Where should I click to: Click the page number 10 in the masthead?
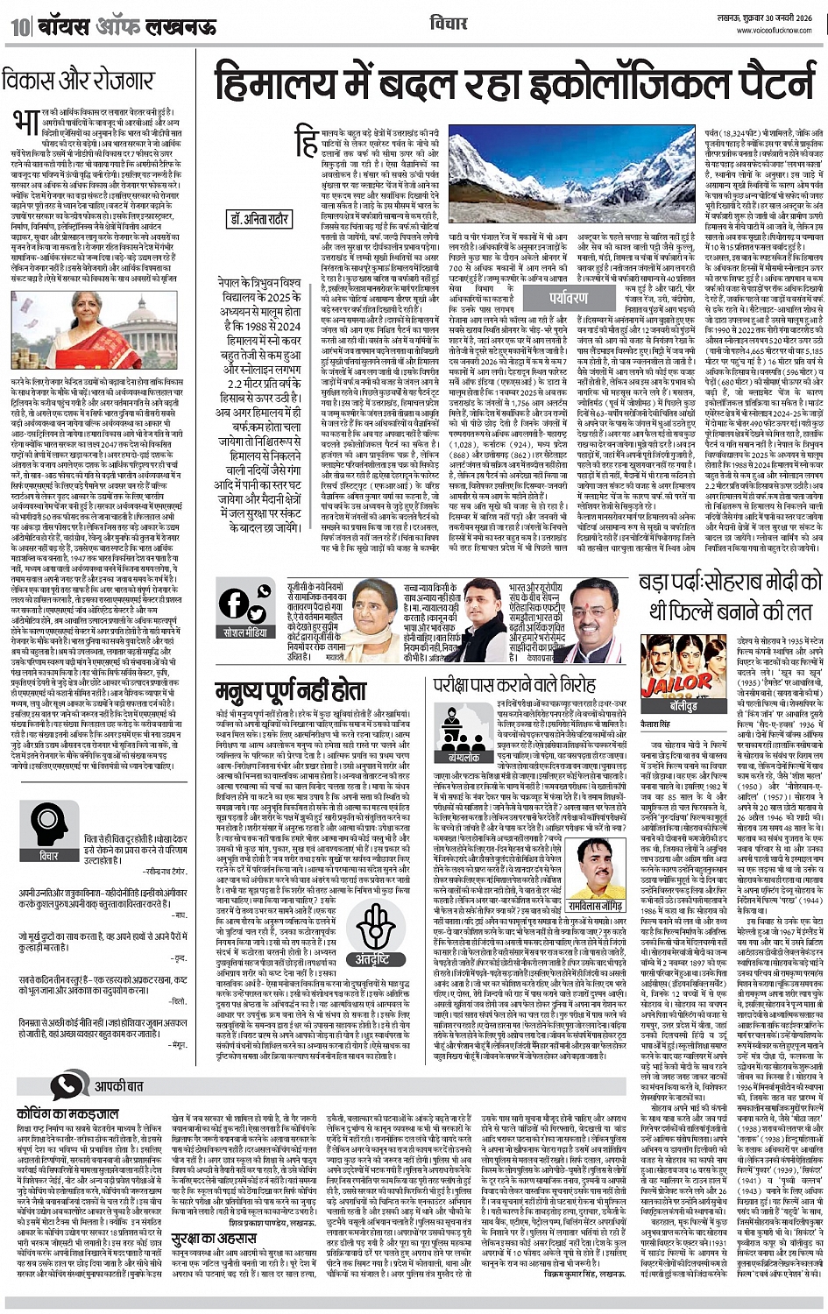tap(19, 26)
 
